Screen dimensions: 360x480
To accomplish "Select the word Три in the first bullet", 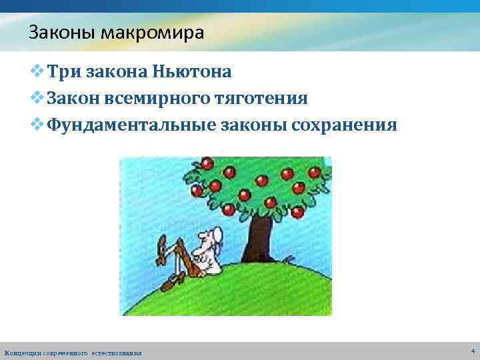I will (x=64, y=71).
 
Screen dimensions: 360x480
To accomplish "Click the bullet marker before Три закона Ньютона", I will (x=38, y=71).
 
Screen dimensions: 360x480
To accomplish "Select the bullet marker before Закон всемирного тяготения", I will (x=38, y=99).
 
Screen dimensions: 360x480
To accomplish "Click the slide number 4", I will (x=472, y=351).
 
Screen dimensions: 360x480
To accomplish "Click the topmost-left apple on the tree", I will (x=207, y=162).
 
